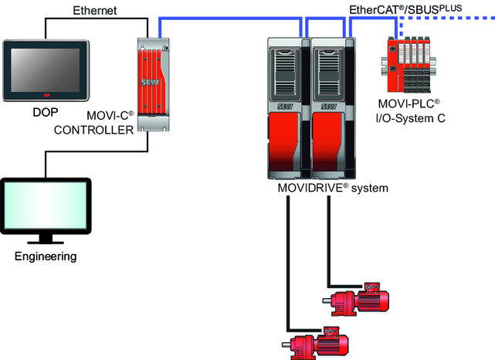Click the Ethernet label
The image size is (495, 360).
point(94,10)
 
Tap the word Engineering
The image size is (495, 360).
point(46,256)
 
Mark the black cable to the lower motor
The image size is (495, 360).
point(286,263)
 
